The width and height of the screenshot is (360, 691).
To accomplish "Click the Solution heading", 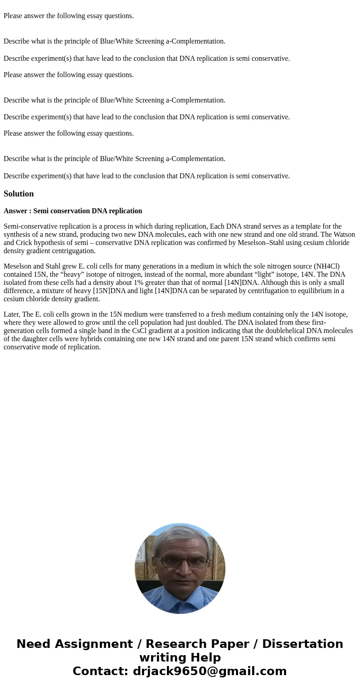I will click(x=19, y=194).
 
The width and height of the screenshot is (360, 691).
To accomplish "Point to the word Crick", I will click(x=23, y=243).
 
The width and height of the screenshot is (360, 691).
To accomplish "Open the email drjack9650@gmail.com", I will click(x=209, y=671).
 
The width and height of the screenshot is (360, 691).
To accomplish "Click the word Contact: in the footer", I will click(x=100, y=671).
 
